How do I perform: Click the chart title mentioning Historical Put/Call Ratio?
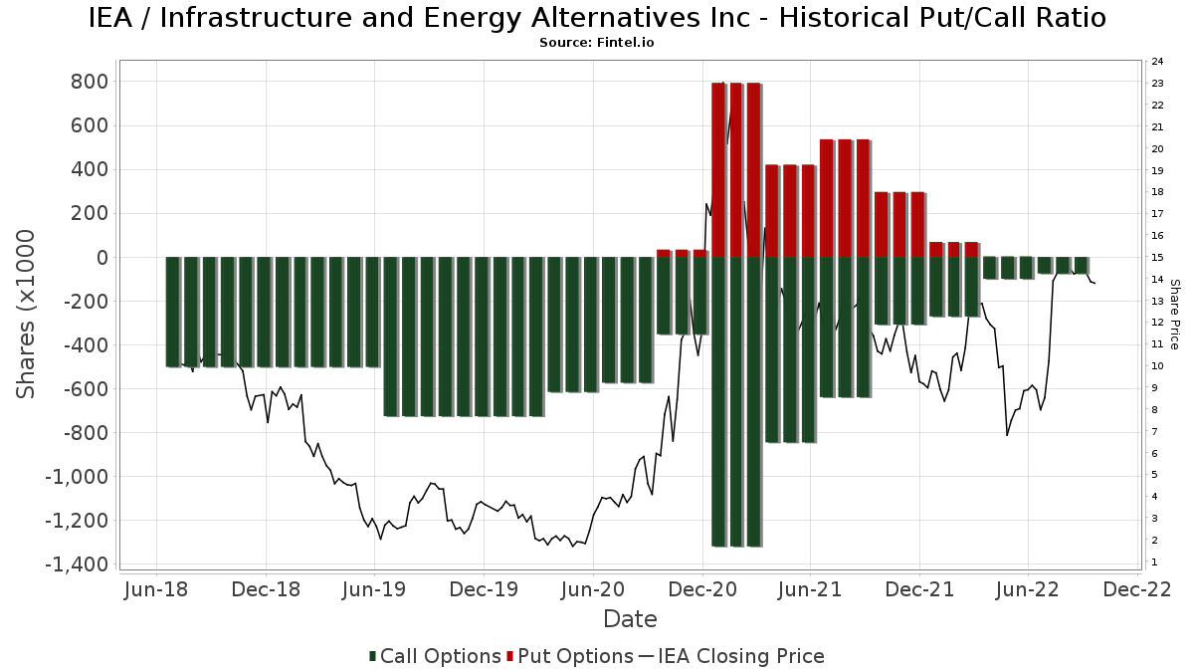pyautogui.click(x=597, y=19)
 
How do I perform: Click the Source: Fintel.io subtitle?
pyautogui.click(x=597, y=43)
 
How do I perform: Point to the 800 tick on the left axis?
pyautogui.click(x=91, y=82)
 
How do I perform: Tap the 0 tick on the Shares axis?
pyautogui.click(x=100, y=258)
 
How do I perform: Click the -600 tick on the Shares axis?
pyautogui.click(x=86, y=389)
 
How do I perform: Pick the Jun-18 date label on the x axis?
pyautogui.click(x=156, y=589)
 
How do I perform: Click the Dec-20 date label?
pyautogui.click(x=701, y=589)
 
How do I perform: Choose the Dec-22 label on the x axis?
pyautogui.click(x=1137, y=589)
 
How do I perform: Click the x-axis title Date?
pyautogui.click(x=630, y=619)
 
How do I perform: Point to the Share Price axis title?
pyautogui.click(x=1174, y=314)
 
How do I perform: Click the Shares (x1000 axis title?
pyautogui.click(x=26, y=314)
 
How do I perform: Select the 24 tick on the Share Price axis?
pyautogui.click(x=1157, y=62)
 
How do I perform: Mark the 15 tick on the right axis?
pyautogui.click(x=1157, y=258)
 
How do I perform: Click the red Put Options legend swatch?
pyautogui.click(x=510, y=656)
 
